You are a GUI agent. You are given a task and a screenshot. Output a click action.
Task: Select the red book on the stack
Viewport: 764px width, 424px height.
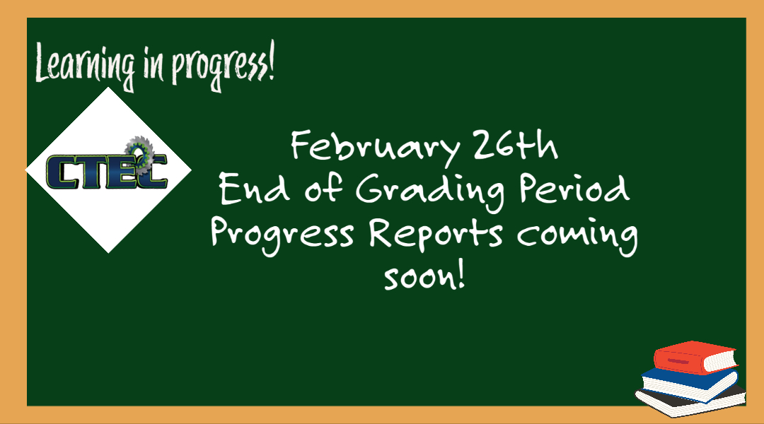[695, 357]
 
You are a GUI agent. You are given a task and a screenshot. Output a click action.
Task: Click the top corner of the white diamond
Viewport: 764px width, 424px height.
[108, 88]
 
